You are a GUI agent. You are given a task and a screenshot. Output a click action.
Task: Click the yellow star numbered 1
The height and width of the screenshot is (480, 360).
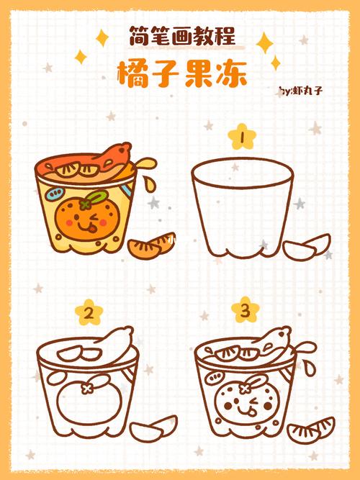(242, 137)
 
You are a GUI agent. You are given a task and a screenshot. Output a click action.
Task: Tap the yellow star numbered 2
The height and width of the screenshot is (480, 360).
(89, 312)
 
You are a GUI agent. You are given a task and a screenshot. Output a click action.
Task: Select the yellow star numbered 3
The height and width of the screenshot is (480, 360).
(246, 310)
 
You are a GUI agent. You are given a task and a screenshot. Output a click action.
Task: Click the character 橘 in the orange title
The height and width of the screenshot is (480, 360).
(134, 74)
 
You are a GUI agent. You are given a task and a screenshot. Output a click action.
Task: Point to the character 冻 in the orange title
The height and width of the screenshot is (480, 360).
(232, 74)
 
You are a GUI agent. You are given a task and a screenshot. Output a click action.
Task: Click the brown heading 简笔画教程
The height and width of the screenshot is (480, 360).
(182, 36)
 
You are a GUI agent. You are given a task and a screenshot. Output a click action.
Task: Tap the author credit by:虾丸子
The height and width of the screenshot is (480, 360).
(301, 91)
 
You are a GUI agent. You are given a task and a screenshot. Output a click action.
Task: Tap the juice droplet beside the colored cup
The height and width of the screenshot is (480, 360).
(150, 184)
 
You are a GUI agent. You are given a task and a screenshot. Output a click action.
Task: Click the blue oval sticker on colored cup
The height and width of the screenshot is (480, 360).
(55, 194)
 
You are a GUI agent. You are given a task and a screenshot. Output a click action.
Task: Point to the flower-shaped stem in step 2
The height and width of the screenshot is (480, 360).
(86, 389)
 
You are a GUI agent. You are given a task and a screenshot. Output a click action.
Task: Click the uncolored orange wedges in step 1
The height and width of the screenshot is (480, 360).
(307, 247)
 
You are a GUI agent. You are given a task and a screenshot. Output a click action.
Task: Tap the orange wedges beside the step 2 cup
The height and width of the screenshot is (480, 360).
(153, 428)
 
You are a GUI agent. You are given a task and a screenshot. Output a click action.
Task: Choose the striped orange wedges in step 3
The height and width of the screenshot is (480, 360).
(311, 430)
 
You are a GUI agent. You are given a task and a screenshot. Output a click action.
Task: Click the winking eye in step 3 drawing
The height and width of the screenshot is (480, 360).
(253, 402)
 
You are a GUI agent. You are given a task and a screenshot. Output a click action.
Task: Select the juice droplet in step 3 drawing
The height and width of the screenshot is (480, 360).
(310, 368)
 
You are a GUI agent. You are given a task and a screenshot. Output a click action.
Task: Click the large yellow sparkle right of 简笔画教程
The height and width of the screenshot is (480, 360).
(265, 43)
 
